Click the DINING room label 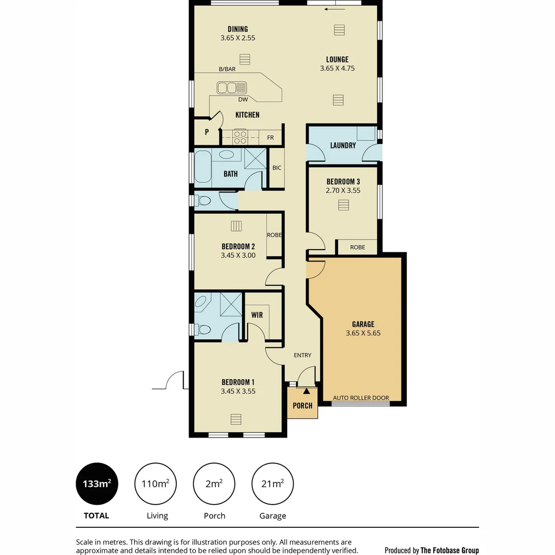[x=237, y=29]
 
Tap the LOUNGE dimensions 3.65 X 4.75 [x=337, y=68]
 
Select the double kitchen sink [x=232, y=88]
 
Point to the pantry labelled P [x=207, y=132]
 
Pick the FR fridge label [x=270, y=138]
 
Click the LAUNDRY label [x=343, y=145]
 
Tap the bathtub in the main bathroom [x=202, y=166]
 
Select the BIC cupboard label [x=277, y=168]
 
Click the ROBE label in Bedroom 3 [x=357, y=248]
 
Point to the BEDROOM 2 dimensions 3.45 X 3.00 [x=238, y=255]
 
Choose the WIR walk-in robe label [x=257, y=315]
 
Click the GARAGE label [x=363, y=324]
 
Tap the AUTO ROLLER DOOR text [x=361, y=398]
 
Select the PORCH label [x=302, y=405]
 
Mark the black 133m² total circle [x=97, y=484]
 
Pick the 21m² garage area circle [x=272, y=484]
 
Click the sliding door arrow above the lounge [x=335, y=9]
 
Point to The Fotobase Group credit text [x=432, y=550]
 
